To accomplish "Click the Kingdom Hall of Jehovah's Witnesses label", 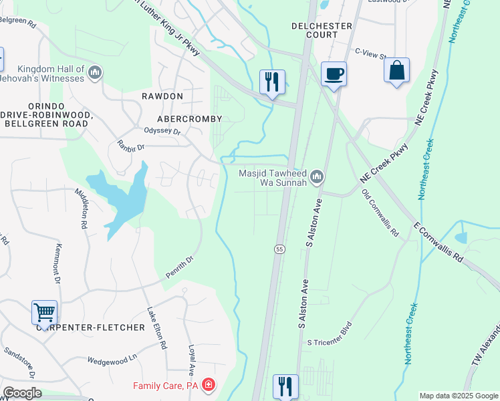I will click(x=51, y=74).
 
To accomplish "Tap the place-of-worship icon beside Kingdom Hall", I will click(x=94, y=72).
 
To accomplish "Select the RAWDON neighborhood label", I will click(x=162, y=96).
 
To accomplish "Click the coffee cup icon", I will click(x=334, y=74).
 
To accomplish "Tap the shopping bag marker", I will click(x=396, y=70).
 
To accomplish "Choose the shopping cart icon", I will click(x=44, y=311).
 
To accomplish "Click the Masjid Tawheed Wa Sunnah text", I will click(x=273, y=177).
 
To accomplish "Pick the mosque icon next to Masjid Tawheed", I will click(x=317, y=177).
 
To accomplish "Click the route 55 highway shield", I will click(x=279, y=249).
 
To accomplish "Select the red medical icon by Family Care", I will click(x=209, y=385).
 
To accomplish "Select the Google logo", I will click(x=22, y=393).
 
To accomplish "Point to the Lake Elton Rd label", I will click(x=156, y=328).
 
